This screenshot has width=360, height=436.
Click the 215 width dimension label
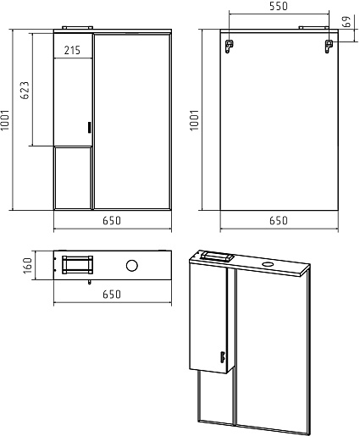pos(72,50)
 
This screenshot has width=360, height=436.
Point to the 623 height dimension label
pos(25,91)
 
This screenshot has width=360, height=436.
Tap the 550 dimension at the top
pos(279,6)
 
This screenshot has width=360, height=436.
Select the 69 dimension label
pos(346,21)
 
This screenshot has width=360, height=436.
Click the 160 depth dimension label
pos(28,265)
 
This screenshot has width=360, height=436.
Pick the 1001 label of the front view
pos(5,120)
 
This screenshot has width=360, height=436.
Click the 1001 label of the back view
pos(195,120)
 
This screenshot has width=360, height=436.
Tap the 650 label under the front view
pos(112,220)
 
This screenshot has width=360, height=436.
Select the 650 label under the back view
pos(279,220)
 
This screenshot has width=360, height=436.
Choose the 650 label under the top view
pos(112,295)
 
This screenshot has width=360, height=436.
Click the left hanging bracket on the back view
pos(229,46)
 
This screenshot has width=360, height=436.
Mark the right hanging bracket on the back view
pos(329,46)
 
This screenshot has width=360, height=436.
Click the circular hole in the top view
pos(132,266)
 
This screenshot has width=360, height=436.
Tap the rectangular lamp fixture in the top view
pos(77,265)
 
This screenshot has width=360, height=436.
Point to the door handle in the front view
pos(90,127)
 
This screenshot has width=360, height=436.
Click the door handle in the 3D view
pos(222,356)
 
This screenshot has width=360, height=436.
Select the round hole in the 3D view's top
pos(269,264)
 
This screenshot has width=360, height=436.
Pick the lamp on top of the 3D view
pos(217,257)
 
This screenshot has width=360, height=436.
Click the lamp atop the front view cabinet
pos(77,28)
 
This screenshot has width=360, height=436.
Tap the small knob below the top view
pos(90,282)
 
